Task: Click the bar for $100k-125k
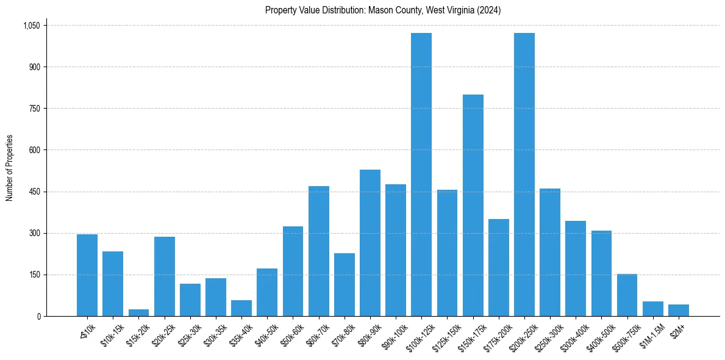click(x=421, y=175)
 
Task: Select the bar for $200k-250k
click(x=524, y=175)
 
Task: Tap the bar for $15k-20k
click(x=138, y=312)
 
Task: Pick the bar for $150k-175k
click(x=473, y=205)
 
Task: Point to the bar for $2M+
click(x=679, y=310)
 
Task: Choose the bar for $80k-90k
click(x=370, y=243)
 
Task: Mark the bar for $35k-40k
click(x=241, y=308)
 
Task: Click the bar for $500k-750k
click(x=627, y=295)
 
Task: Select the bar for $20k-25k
click(x=165, y=276)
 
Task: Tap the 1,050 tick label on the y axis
click(x=31, y=26)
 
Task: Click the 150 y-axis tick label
click(x=35, y=275)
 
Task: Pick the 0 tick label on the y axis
click(x=38, y=316)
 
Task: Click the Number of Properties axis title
click(x=9, y=167)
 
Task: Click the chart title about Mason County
click(x=383, y=10)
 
